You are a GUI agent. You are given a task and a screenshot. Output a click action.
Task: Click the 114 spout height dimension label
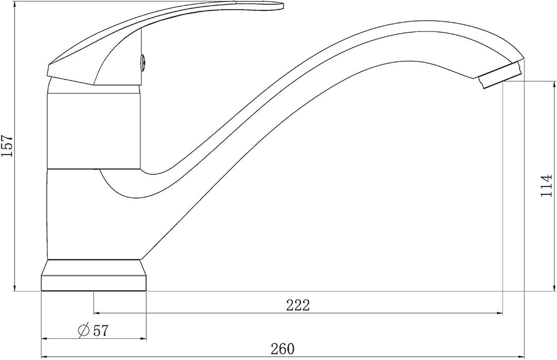[x=546, y=185]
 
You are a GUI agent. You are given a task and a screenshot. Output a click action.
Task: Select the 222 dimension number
[x=298, y=305]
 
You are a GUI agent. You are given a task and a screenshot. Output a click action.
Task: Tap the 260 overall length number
[x=283, y=349]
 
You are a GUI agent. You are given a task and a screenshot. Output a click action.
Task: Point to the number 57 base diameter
[x=100, y=331]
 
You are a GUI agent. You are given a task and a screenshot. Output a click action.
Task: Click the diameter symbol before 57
[x=84, y=331]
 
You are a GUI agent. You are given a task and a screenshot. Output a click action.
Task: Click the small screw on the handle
[x=143, y=61]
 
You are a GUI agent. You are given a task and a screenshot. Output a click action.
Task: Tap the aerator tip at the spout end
[x=500, y=75]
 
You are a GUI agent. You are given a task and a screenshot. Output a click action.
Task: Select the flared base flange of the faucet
[x=94, y=275]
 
